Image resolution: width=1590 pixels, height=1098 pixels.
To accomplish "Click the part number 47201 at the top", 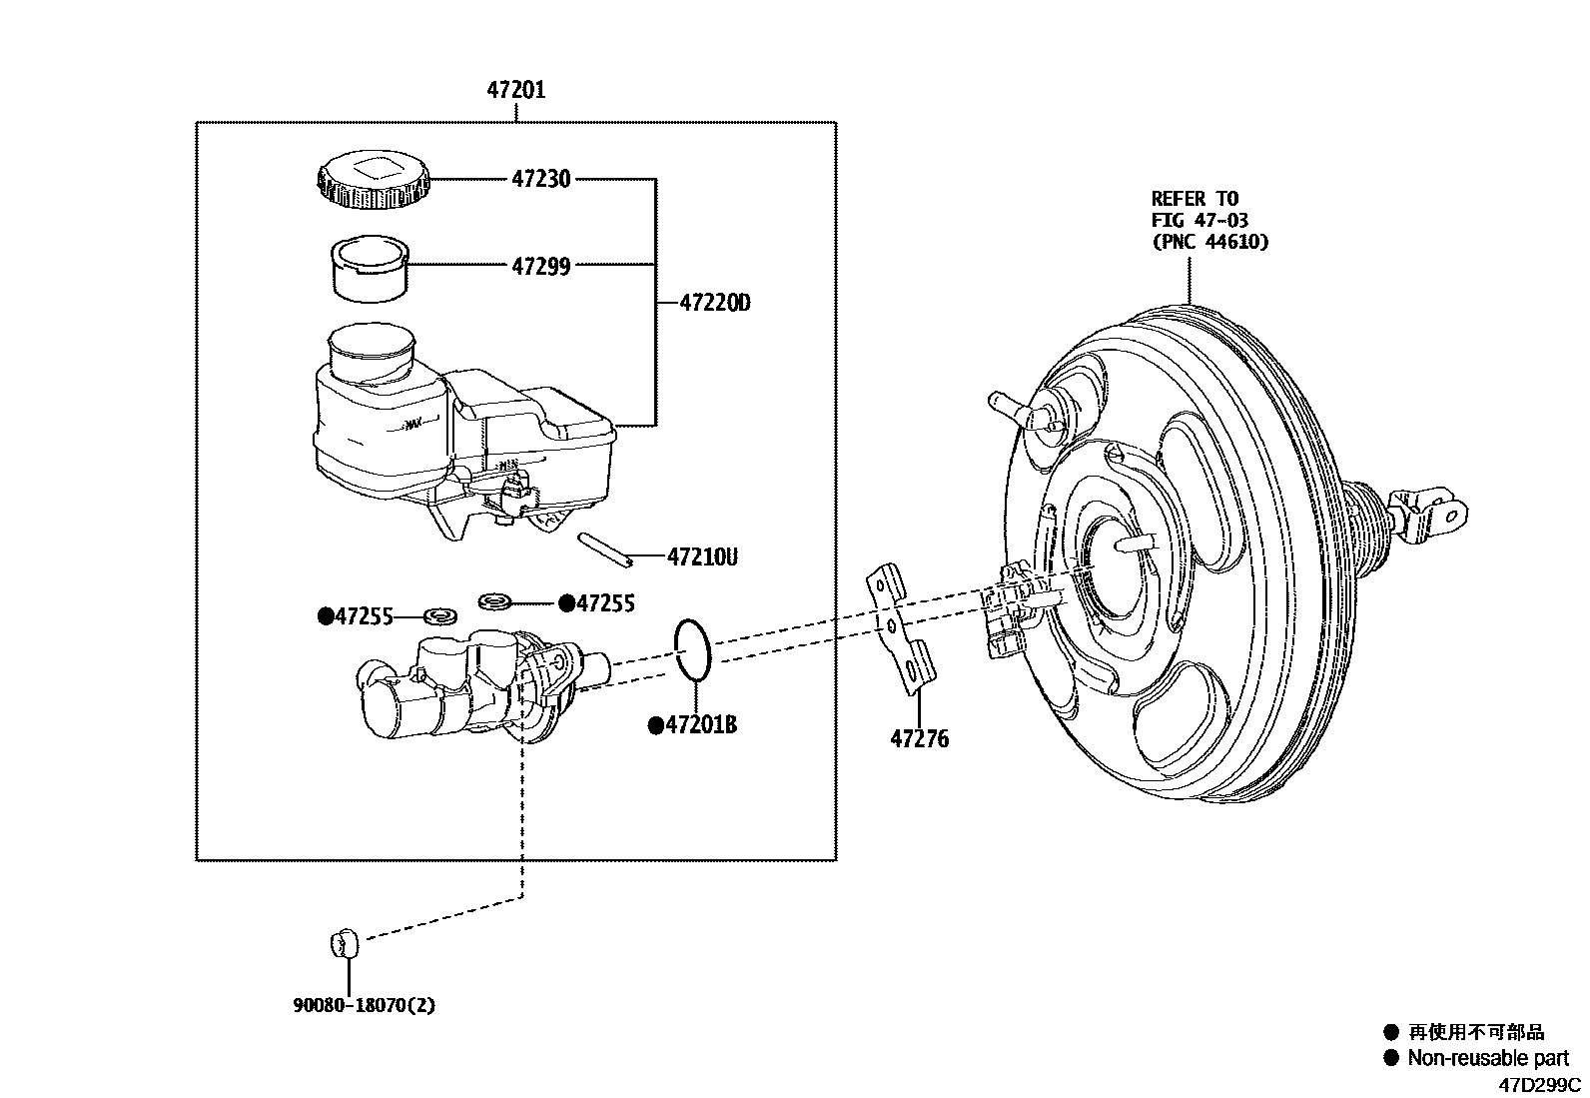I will pos(515,91).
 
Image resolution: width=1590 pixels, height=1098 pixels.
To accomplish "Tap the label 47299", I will pos(540,266).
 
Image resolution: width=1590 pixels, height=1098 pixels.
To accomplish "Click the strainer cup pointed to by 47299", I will pos(369,267).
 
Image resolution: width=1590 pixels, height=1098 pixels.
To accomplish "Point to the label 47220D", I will pos(714,302).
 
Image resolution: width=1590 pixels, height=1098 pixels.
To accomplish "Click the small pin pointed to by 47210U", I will pos(605,549).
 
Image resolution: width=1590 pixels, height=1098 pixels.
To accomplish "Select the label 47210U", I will pos(702,556).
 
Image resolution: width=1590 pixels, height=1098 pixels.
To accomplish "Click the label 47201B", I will pos(700,725).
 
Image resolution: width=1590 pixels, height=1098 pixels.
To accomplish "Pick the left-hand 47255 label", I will pos(364,616).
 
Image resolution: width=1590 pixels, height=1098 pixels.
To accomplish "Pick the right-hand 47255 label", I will pos(604,602).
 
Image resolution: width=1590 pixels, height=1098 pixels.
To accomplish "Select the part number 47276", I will pos(919,739).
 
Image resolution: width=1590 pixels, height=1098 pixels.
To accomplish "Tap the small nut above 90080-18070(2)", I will pos(343,941).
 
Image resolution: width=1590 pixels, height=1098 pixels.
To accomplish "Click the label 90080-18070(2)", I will pos(364,1005).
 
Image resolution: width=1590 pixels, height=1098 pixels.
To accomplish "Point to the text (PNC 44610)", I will pos(1209,241).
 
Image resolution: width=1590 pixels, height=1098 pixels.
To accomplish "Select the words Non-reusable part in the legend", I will pos(1487,1058).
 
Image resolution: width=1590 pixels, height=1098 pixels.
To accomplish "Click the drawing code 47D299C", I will pos(1538,1084).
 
